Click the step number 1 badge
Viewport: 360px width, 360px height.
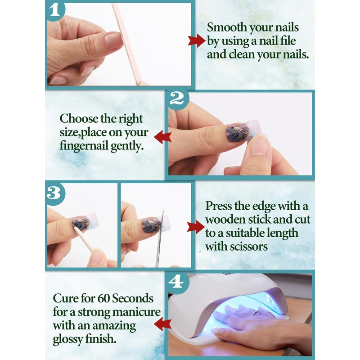pos(55,10)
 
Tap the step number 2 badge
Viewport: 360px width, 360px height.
pos(177,99)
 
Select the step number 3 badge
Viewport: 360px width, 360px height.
pos(54,193)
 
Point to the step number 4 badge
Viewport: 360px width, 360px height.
pos(176,281)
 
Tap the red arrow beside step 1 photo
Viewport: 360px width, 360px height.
pos(196,41)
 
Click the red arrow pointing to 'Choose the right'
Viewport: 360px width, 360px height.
pos(163,137)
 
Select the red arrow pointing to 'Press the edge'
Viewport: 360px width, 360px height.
pos(196,227)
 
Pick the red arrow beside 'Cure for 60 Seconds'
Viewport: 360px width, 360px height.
pos(162,324)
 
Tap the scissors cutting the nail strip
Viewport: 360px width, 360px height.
pos(160,239)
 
